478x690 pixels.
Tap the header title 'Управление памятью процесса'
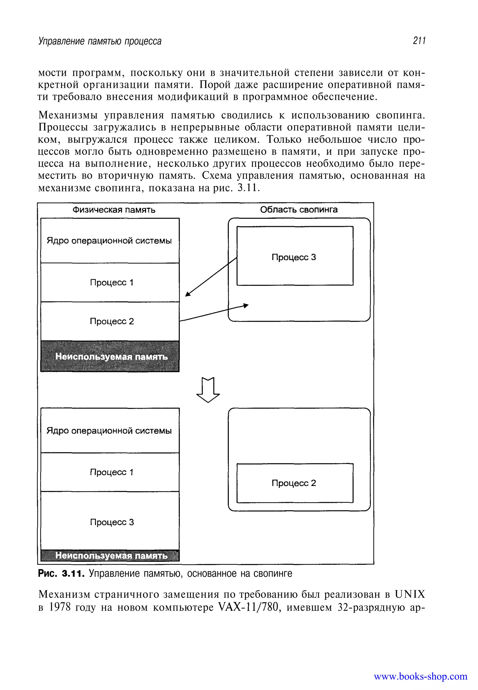(x=100, y=41)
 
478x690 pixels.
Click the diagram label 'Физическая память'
(x=114, y=210)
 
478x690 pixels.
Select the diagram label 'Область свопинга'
(x=299, y=210)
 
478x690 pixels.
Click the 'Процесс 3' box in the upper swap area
(x=295, y=256)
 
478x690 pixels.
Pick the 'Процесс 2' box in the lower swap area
(x=295, y=483)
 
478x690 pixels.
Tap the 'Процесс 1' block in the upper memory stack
(x=110, y=282)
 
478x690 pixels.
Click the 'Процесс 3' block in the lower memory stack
(x=110, y=522)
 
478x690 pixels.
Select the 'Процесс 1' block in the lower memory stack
(x=110, y=472)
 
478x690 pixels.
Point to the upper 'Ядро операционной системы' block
(x=110, y=241)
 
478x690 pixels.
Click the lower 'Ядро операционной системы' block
(x=110, y=430)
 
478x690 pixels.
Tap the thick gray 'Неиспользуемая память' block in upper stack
(x=110, y=356)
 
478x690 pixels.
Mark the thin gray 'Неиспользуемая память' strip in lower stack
(x=110, y=555)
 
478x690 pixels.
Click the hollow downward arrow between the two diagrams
(x=208, y=390)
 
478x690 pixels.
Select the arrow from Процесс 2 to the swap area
(x=214, y=313)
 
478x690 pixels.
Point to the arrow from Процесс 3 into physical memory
(x=211, y=277)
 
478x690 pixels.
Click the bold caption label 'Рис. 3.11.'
(x=61, y=574)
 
